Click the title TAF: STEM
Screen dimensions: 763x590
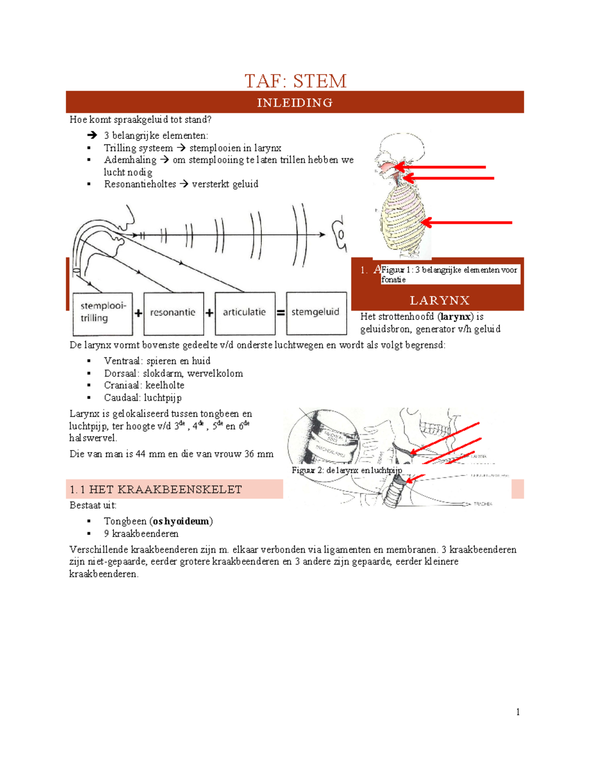click(x=295, y=81)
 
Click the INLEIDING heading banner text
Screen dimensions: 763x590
click(x=295, y=103)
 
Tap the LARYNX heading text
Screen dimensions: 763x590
click(x=440, y=301)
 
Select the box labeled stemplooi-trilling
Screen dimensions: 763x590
click(x=103, y=312)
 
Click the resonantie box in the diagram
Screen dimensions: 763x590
click(x=173, y=312)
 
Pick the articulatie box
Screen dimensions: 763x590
click(x=244, y=312)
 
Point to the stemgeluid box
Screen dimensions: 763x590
click(x=316, y=312)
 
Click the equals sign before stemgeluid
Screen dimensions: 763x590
click(x=281, y=312)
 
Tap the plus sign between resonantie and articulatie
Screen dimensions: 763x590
click(x=209, y=313)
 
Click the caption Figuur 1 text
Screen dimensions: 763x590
click(x=449, y=274)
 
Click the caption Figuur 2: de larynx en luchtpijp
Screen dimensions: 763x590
click(x=347, y=470)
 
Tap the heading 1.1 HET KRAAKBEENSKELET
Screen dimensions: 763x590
click(x=156, y=489)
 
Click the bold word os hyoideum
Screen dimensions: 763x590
click(x=181, y=521)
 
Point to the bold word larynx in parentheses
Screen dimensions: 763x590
click(x=455, y=317)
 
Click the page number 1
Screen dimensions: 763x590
click(x=518, y=712)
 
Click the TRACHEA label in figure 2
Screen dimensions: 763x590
click(x=482, y=504)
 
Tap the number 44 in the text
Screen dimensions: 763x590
click(x=140, y=454)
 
